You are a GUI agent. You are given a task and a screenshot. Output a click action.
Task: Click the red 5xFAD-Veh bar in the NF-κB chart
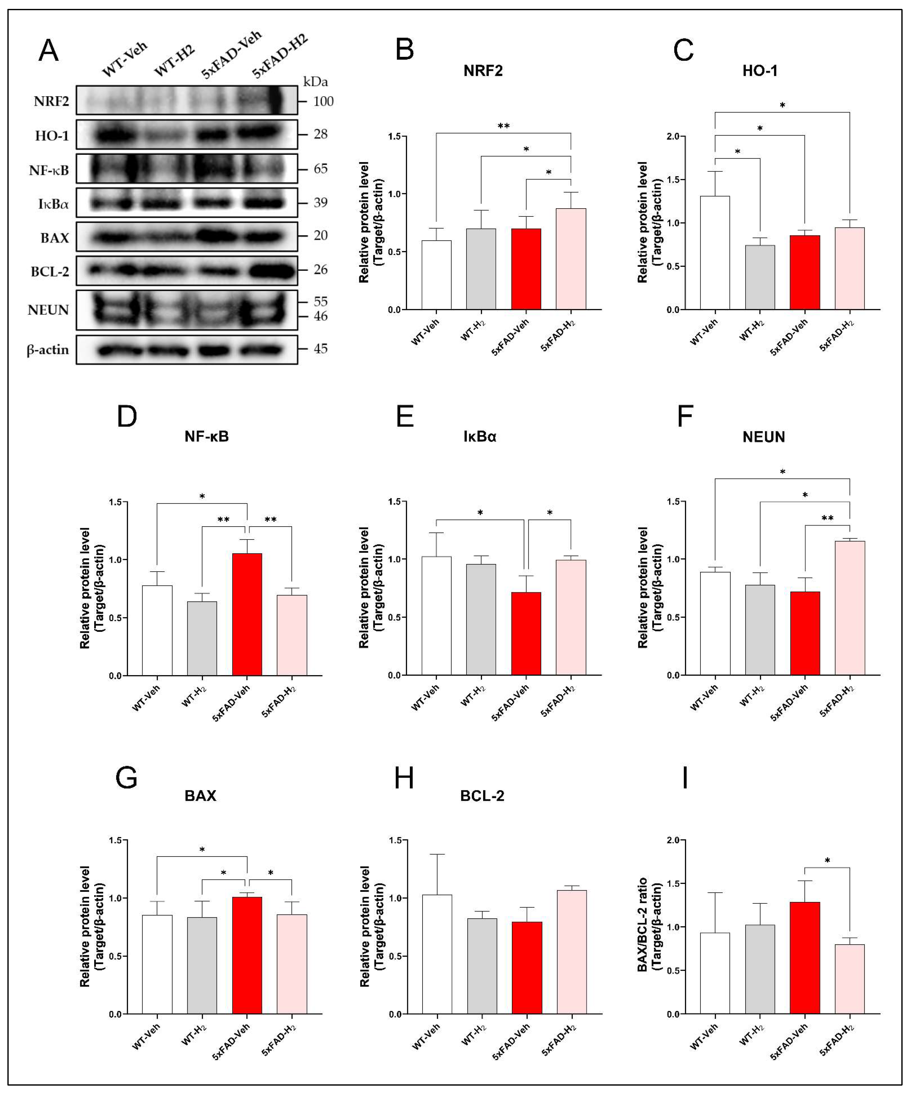247,614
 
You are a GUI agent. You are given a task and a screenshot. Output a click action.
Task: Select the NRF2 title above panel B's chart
483,71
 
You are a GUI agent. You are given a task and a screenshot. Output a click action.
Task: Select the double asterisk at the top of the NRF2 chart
504,126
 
